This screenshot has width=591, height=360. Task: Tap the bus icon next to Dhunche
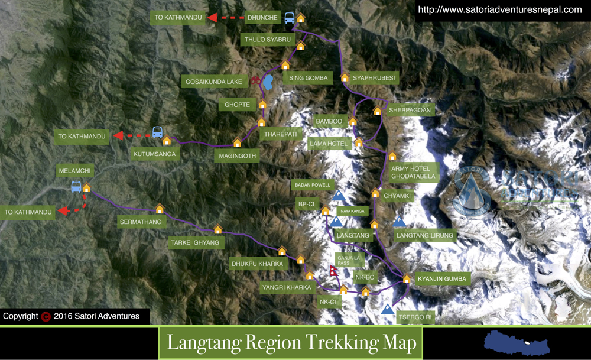tap(290, 18)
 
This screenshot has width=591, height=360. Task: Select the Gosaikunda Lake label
tap(214, 82)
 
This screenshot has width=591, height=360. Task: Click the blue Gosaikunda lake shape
tap(268, 83)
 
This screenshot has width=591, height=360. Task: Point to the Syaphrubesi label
tap(373, 78)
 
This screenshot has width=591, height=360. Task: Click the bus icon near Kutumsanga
tap(157, 132)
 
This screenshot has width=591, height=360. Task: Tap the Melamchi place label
tap(74, 171)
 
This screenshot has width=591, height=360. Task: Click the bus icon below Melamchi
tap(76, 187)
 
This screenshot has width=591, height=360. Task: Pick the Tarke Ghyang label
tap(195, 242)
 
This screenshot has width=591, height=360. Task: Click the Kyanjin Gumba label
tap(442, 278)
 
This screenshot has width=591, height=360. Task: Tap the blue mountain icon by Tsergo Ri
tap(388, 309)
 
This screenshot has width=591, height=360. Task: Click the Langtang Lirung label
tap(425, 236)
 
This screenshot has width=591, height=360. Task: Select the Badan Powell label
tap(313, 185)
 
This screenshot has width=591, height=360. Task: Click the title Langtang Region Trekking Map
tap(291, 343)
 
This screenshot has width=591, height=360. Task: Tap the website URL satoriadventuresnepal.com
tap(500, 9)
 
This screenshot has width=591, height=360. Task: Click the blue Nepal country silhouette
tap(516, 343)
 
